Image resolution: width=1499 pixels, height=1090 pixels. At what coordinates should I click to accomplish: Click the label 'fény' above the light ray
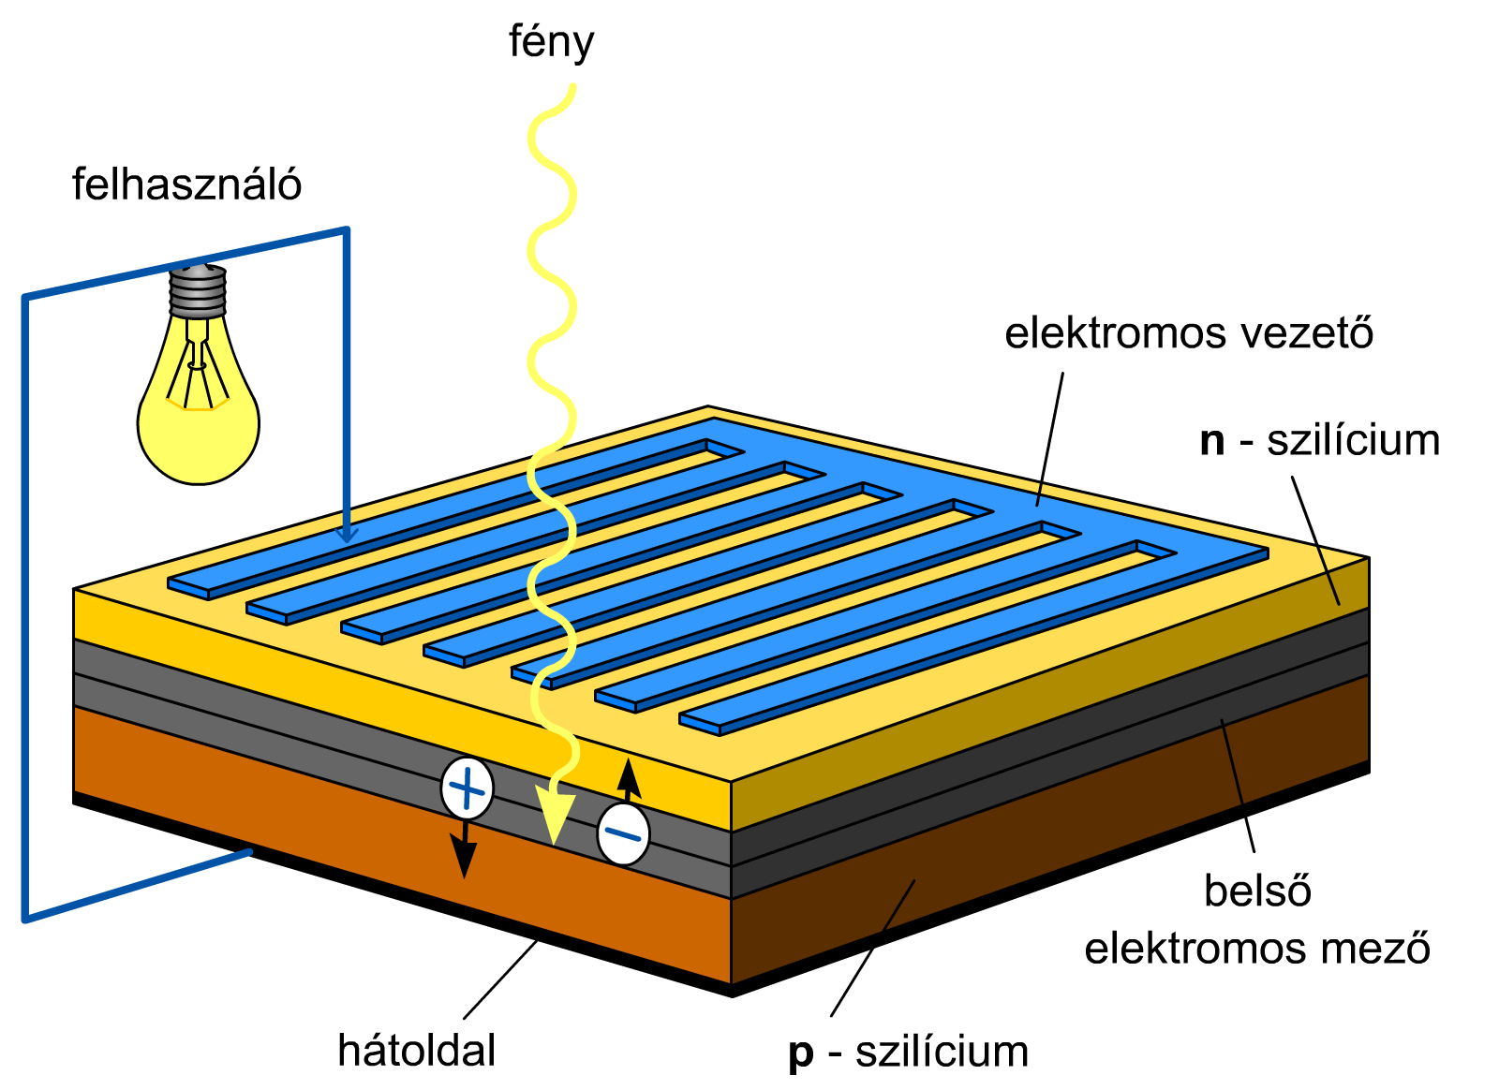tap(552, 43)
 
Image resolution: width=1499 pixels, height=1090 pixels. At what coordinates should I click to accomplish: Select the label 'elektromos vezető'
tap(1189, 332)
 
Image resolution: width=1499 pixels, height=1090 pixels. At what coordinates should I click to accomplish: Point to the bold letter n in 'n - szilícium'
tap(1212, 442)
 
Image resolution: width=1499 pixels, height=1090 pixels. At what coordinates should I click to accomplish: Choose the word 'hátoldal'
tap(416, 1050)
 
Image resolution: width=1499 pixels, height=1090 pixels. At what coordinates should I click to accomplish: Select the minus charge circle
tap(623, 834)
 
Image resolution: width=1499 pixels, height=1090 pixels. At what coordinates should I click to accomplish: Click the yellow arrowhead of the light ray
tap(556, 817)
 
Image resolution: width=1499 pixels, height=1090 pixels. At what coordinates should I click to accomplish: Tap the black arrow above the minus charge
tap(628, 780)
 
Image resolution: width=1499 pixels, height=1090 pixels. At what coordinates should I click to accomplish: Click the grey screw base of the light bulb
tap(198, 291)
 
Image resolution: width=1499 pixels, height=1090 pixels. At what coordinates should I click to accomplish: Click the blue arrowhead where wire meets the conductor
tap(347, 535)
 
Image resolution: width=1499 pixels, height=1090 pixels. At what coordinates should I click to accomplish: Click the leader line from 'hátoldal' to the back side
tap(500, 980)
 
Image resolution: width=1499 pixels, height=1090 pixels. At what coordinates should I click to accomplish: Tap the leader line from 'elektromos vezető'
tap(1050, 439)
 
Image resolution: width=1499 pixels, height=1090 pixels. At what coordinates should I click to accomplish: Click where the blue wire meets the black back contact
tap(250, 852)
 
